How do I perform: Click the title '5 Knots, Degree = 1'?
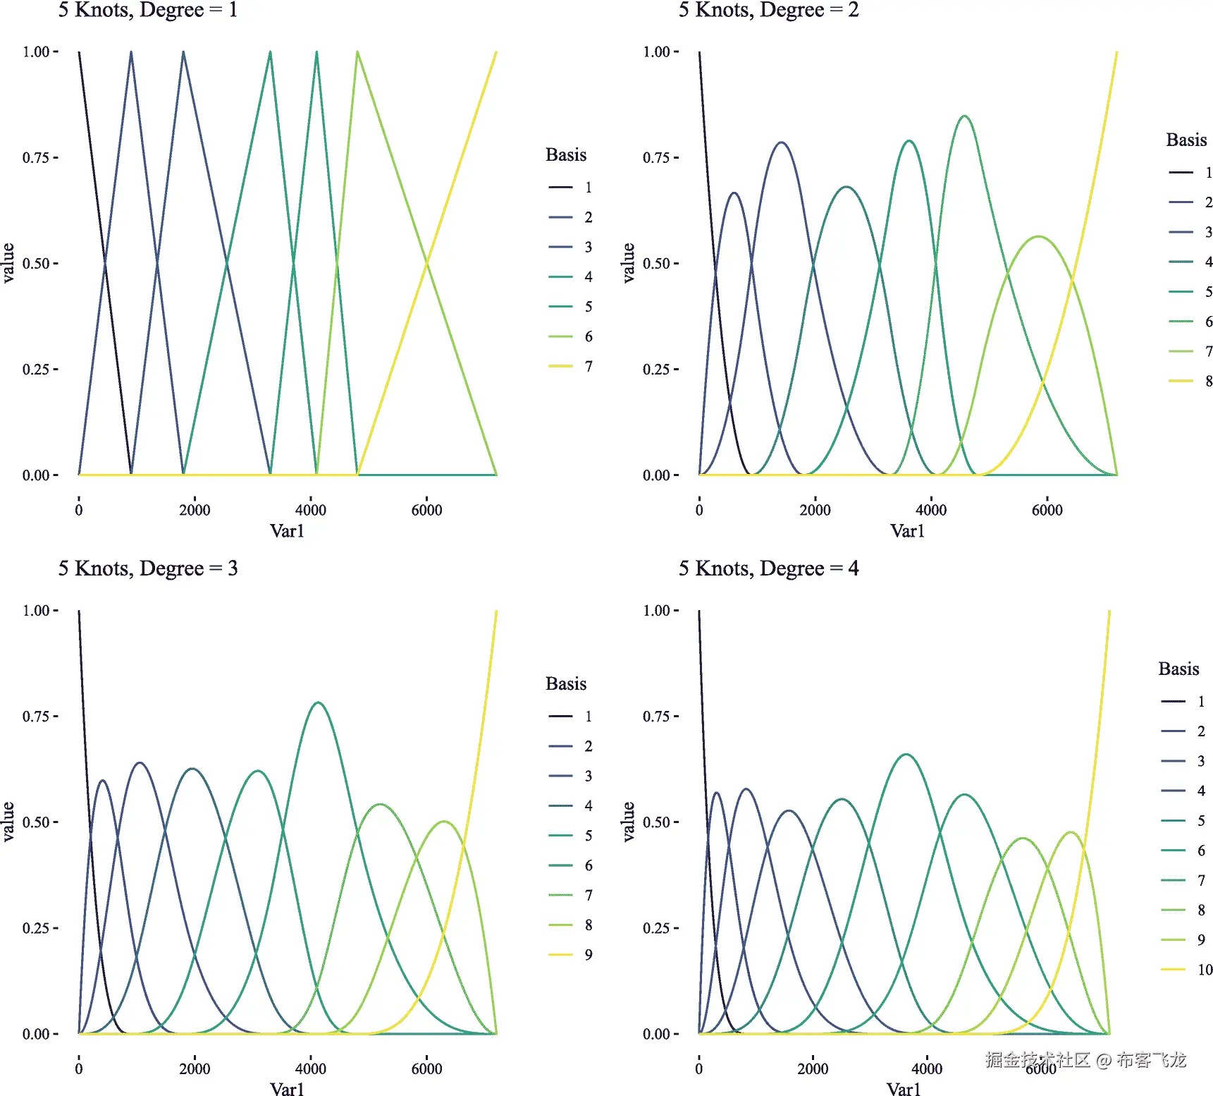pos(147,10)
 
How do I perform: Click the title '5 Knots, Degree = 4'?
pos(768,568)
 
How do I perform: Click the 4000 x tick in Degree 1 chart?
pos(310,510)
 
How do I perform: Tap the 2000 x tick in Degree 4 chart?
pos(813,1068)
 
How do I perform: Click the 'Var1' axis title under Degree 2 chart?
pos(907,531)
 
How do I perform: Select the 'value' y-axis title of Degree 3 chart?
pos(8,822)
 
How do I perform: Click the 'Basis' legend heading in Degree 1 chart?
pos(566,155)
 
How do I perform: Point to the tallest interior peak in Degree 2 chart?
pos(964,116)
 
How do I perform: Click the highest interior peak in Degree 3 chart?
pos(319,702)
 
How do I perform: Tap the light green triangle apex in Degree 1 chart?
pos(357,52)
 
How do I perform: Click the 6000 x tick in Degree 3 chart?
pos(426,1068)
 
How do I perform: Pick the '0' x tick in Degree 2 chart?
pos(699,510)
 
